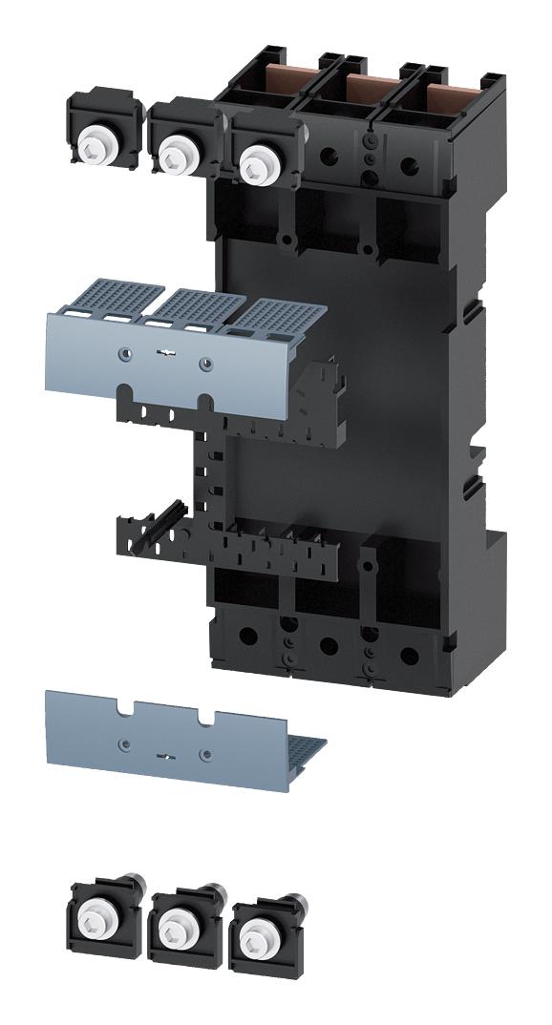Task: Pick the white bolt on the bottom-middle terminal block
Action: pos(175,922)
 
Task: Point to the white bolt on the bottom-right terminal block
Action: pos(254,927)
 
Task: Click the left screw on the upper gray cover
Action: pos(121,354)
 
